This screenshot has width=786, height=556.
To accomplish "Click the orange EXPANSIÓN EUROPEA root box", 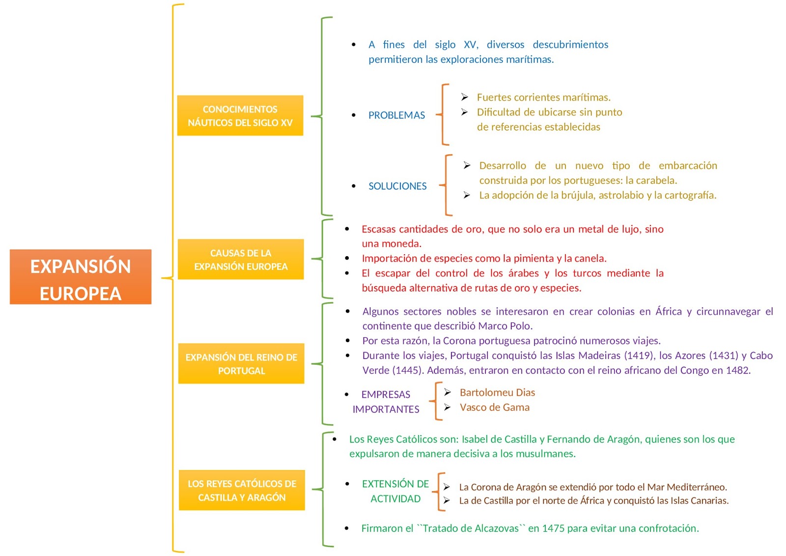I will pyautogui.click(x=81, y=277).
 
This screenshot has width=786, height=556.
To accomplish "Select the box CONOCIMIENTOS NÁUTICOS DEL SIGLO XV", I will pyautogui.click(x=240, y=116).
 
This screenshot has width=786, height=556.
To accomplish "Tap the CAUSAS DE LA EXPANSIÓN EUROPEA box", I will pyautogui.click(x=241, y=260).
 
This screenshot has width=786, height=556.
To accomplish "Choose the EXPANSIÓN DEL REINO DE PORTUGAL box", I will pyautogui.click(x=241, y=364).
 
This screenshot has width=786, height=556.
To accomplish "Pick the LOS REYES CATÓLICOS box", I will pyautogui.click(x=242, y=490).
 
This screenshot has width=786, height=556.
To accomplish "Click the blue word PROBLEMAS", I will pyautogui.click(x=396, y=116).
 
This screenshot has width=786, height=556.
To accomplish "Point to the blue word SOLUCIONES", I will pyautogui.click(x=397, y=186).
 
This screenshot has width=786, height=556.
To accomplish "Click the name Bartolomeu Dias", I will pyautogui.click(x=497, y=392).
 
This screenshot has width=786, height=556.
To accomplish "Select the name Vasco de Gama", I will pyautogui.click(x=494, y=407).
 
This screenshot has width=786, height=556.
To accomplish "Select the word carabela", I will pyautogui.click(x=655, y=180).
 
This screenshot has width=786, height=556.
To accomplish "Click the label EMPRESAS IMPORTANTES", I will pyautogui.click(x=386, y=402).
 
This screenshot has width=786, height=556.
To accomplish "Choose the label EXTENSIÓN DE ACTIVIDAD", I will pyautogui.click(x=395, y=491).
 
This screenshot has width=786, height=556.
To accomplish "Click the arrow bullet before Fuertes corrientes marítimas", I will pyautogui.click(x=464, y=97).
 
